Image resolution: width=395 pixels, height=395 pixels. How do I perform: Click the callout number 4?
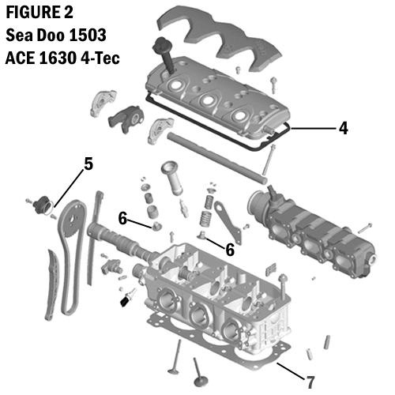pyautogui.click(x=343, y=127)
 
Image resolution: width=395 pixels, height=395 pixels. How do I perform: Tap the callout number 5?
pyautogui.click(x=88, y=164)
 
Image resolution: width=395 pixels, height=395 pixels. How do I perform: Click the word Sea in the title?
pyautogui.click(x=19, y=37)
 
